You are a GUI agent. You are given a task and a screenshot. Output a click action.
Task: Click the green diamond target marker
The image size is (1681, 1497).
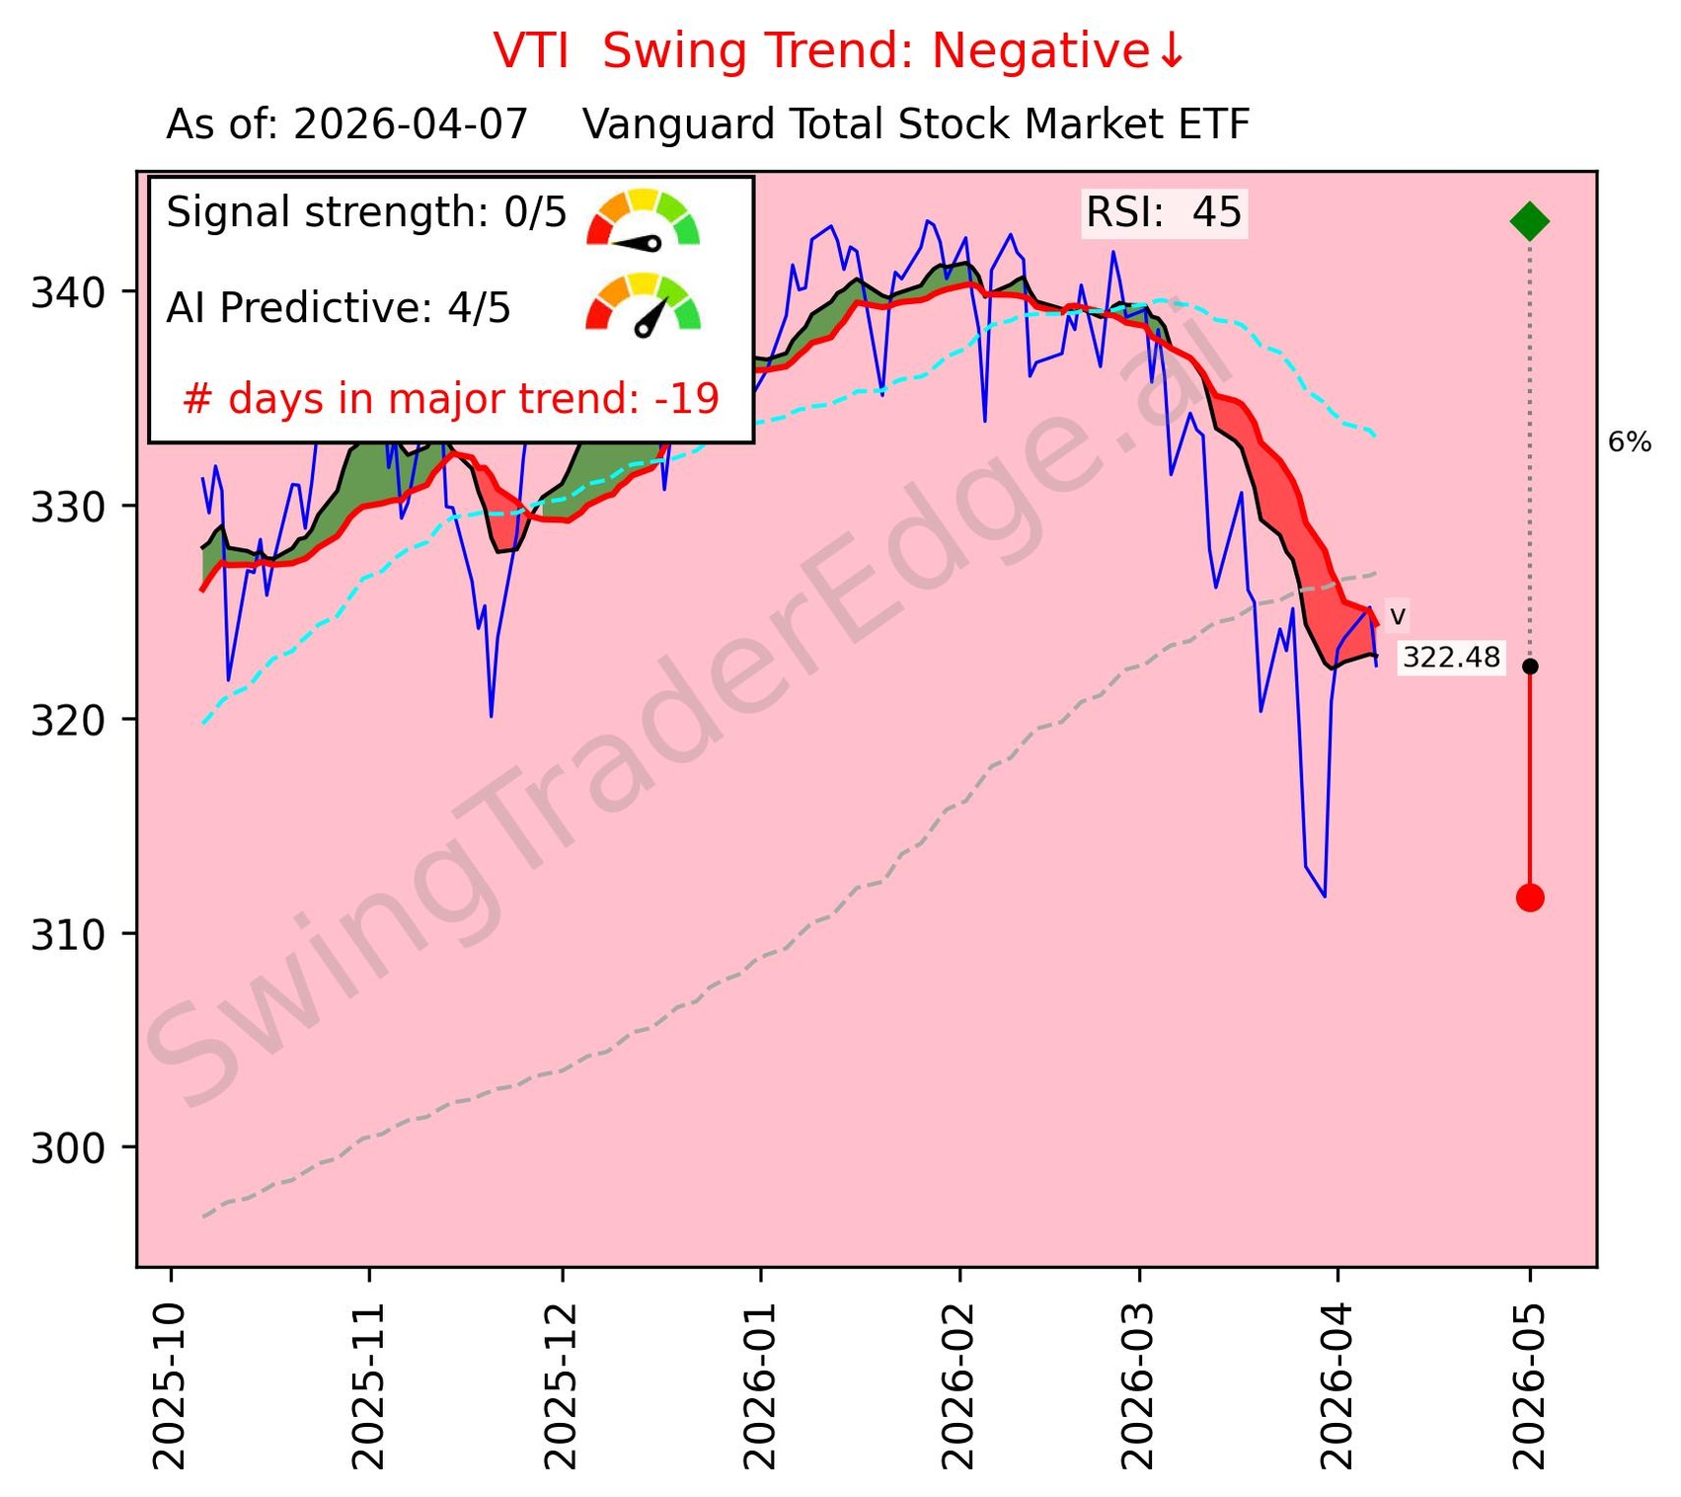(x=1529, y=221)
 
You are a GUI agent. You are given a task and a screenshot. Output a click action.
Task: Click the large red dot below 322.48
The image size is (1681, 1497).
(x=1529, y=898)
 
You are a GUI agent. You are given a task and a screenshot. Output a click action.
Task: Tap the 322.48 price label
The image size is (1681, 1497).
(x=1450, y=658)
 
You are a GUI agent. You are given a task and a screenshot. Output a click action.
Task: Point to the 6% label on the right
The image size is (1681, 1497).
(x=1629, y=442)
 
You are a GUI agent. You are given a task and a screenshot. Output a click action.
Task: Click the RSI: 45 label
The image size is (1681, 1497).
(x=1163, y=212)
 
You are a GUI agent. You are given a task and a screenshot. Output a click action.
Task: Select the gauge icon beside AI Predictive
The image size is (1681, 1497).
(x=643, y=304)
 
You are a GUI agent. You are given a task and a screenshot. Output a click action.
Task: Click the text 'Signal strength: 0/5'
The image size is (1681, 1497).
(x=366, y=212)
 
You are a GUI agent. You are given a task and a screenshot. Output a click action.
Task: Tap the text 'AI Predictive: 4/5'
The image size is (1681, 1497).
(x=339, y=308)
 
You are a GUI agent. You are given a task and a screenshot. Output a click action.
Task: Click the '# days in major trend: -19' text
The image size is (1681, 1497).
(x=451, y=399)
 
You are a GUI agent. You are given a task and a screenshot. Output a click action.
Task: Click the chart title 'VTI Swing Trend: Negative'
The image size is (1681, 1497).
(x=838, y=51)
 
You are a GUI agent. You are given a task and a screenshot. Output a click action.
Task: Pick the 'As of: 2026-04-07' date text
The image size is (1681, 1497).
(x=347, y=125)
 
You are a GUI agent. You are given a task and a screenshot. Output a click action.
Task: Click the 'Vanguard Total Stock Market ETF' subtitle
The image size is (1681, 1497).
(x=916, y=125)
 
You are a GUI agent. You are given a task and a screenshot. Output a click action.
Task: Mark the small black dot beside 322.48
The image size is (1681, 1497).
(x=1529, y=667)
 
